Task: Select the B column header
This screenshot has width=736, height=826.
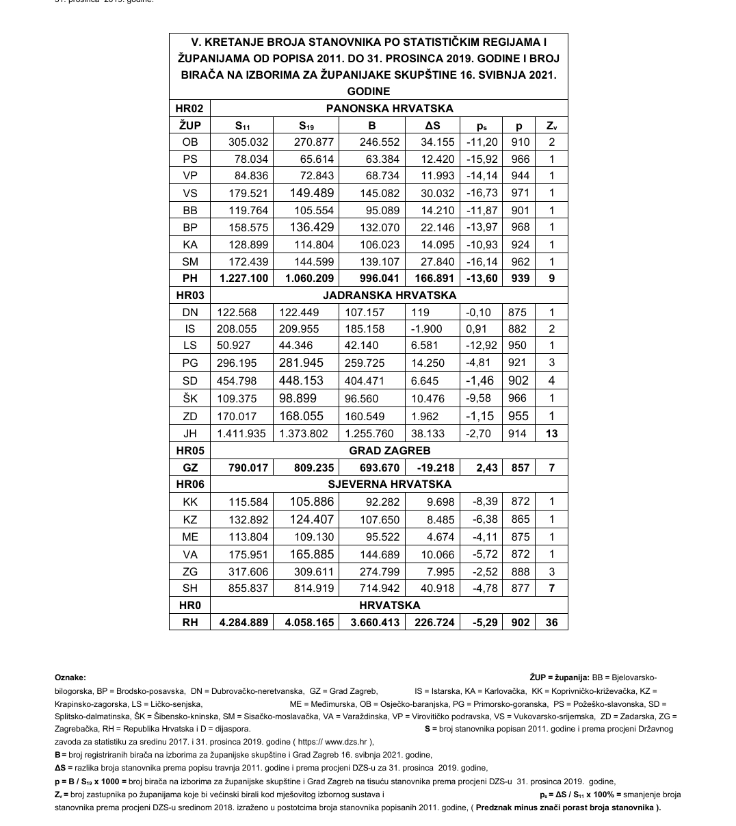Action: coord(371,125)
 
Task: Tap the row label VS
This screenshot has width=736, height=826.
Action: coord(190,193)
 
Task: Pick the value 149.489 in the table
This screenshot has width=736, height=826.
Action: coord(312,193)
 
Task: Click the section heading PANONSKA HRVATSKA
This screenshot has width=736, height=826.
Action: coord(389,108)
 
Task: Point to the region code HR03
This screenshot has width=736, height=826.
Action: coord(190,295)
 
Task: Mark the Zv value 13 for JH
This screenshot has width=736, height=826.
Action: coord(551,433)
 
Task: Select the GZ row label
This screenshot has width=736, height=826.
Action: coord(190,467)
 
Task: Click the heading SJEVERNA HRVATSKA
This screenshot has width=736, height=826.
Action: coord(389,485)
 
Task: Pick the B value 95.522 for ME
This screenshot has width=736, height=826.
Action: coord(379,537)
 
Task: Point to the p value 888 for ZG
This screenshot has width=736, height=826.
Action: coord(520,571)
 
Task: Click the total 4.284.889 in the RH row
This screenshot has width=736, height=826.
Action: coord(243,623)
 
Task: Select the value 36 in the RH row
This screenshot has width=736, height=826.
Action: coord(551,623)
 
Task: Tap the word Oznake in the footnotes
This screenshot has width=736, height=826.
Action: coord(70,677)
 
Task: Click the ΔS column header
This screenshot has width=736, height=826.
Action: coord(432,125)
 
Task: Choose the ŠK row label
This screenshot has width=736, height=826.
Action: coord(190,398)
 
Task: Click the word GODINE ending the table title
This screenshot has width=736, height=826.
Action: coord(368,91)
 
